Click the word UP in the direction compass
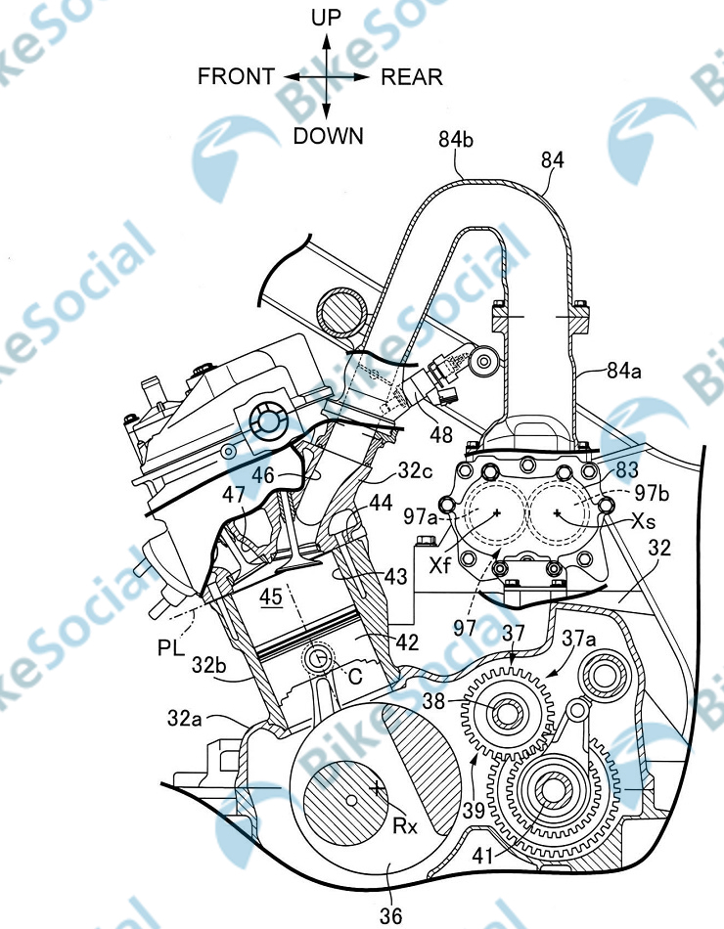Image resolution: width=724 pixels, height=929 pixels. click(328, 17)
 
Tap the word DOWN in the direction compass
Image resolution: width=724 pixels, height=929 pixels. click(329, 136)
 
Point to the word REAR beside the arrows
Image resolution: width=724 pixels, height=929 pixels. click(412, 76)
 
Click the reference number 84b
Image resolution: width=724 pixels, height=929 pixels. click(457, 143)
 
